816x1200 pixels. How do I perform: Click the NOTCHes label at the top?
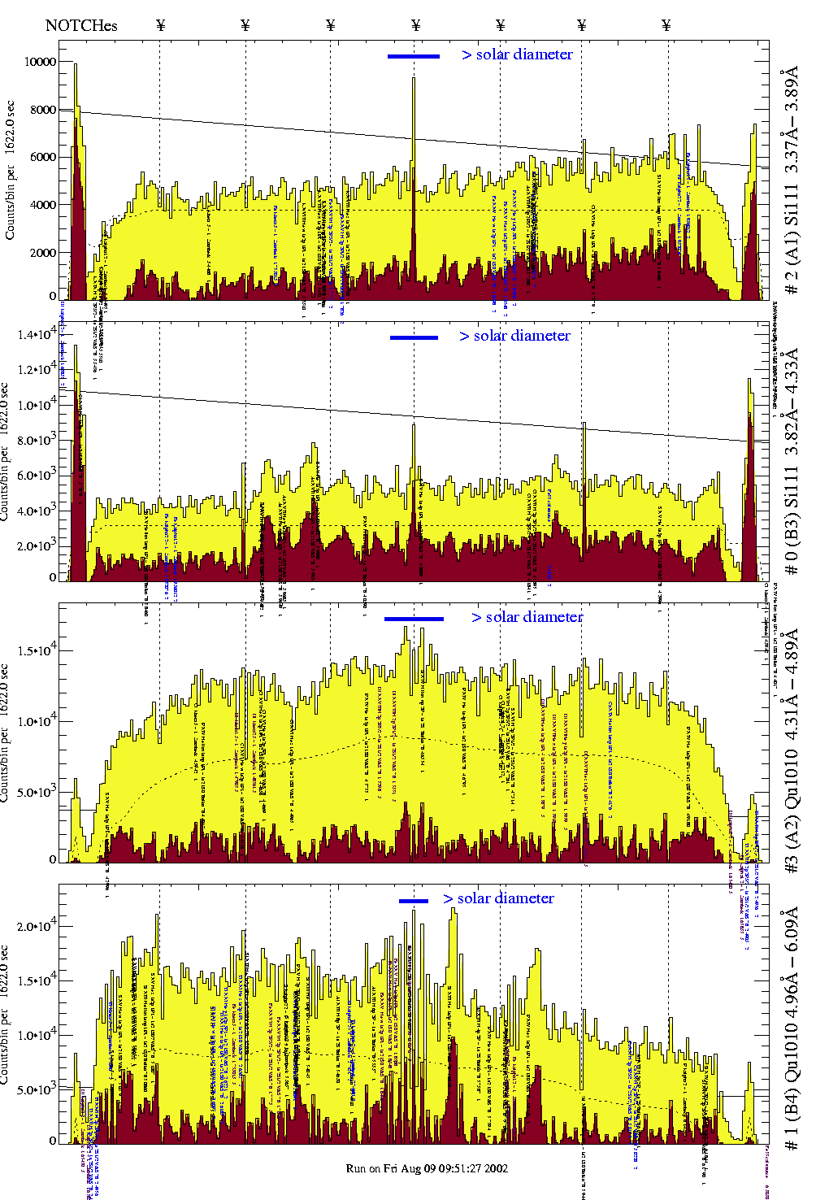tap(81, 25)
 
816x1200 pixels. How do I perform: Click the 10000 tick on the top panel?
tap(41, 62)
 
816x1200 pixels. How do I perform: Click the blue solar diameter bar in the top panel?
tap(414, 56)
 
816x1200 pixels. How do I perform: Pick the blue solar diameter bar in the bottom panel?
tap(414, 901)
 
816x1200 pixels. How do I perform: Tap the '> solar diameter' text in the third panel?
tap(527, 617)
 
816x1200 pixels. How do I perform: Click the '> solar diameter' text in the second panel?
tap(514, 336)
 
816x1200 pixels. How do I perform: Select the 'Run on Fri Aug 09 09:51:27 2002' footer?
tap(427, 1168)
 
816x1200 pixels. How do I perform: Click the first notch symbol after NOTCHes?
tap(160, 25)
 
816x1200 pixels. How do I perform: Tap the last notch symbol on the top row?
tap(666, 25)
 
